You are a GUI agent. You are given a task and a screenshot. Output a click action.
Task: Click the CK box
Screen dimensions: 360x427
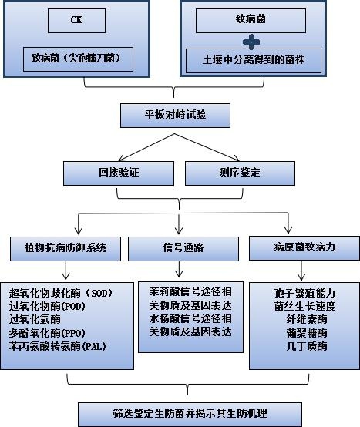76,21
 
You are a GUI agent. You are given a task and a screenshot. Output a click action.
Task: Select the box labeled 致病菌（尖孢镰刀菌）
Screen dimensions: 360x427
78,59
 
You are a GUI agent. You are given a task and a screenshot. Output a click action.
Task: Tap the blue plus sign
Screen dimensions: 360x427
251,42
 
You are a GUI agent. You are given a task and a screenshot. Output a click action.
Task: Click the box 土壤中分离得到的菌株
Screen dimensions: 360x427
254,61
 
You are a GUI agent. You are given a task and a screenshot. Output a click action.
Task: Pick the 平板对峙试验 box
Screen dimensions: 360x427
175,116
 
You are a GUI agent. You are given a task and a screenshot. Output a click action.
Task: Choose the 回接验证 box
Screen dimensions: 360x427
119,173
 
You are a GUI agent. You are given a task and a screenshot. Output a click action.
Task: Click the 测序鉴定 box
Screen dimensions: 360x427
240,173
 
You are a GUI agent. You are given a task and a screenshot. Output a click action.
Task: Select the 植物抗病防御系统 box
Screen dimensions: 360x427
66,249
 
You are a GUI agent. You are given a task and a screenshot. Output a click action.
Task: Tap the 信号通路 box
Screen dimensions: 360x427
183,249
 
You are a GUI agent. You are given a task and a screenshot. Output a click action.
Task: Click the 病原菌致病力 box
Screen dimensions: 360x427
304,248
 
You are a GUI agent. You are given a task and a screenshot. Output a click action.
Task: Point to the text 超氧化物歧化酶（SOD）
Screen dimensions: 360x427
61,293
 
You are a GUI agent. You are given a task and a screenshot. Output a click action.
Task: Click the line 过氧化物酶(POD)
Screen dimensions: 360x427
47,306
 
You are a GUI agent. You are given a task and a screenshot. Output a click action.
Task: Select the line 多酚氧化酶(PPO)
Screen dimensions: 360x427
47,333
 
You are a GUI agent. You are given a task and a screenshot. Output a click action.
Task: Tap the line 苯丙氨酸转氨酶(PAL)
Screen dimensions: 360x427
58,346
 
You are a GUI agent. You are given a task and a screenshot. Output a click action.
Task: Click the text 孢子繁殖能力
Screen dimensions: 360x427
304,293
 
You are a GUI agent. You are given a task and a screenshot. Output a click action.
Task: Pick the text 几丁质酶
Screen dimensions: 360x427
307,346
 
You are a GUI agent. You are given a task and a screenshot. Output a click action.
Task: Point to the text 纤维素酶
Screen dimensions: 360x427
307,319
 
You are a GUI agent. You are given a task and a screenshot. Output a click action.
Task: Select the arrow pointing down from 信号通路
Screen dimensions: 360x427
179,269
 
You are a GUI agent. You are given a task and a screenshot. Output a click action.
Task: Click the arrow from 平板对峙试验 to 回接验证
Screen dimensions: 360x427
146,147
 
